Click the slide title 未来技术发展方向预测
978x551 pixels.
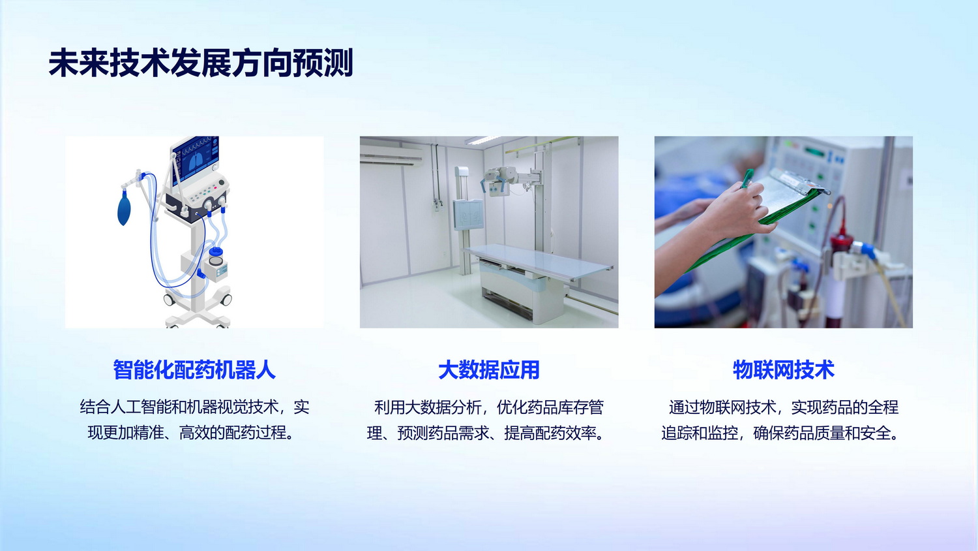[x=200, y=63]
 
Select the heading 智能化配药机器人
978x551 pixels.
[x=194, y=370]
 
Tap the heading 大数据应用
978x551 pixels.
[x=488, y=370]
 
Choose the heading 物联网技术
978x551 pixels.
[x=783, y=370]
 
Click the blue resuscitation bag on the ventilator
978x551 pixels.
[x=124, y=210]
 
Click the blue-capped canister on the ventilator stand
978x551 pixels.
[x=216, y=257]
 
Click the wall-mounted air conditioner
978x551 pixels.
[x=391, y=155]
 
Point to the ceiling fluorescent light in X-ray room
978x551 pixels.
[x=482, y=140]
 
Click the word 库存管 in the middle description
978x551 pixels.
[x=581, y=407]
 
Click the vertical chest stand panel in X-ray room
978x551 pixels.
[x=468, y=214]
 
